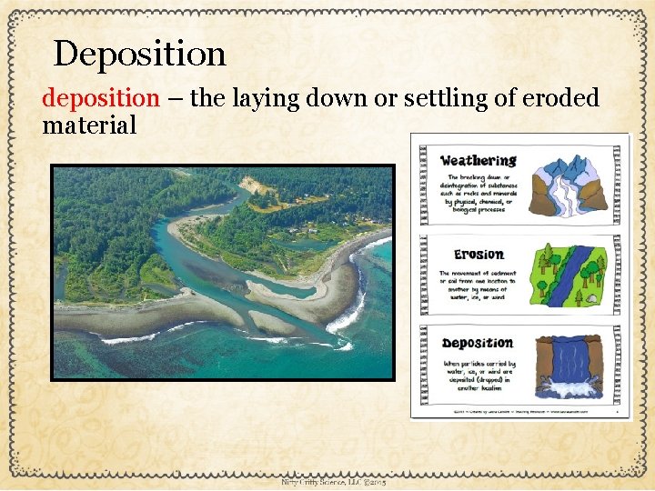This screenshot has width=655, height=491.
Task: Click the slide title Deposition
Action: (x=139, y=55)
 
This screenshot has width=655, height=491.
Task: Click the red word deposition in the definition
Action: (x=100, y=98)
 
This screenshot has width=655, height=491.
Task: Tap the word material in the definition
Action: (x=89, y=125)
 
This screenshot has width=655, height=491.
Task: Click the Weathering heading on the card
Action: (x=478, y=160)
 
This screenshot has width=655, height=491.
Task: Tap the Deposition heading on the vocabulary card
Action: (x=478, y=343)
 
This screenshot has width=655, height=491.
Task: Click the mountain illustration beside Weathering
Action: (x=571, y=185)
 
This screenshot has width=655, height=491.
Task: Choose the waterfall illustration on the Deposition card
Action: (x=571, y=367)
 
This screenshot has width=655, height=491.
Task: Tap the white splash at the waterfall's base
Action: (x=571, y=388)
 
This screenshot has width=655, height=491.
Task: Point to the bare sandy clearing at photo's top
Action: (x=257, y=185)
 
